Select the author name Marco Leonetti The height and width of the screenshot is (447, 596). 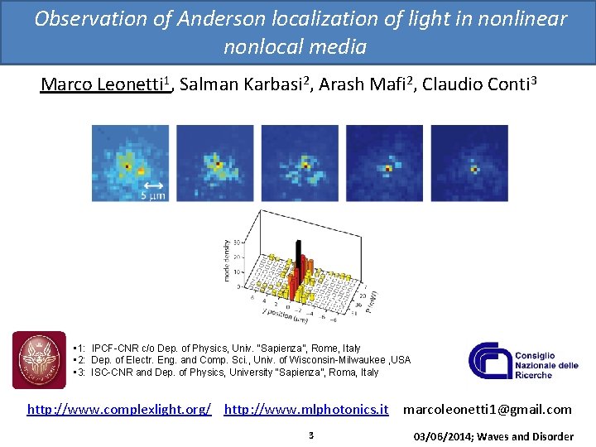tap(103, 85)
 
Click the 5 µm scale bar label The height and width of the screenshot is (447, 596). tap(153, 195)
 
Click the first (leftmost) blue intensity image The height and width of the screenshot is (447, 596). tap(130, 162)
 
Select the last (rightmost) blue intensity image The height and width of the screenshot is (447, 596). tap(469, 162)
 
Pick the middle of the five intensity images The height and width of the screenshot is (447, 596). tap(300, 162)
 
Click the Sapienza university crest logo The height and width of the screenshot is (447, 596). tap(39, 360)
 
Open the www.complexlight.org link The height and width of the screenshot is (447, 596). tap(119, 409)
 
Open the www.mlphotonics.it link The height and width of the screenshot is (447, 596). tap(306, 409)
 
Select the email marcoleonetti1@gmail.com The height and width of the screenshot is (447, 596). tap(487, 409)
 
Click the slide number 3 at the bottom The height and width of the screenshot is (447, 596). tap(310, 435)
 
